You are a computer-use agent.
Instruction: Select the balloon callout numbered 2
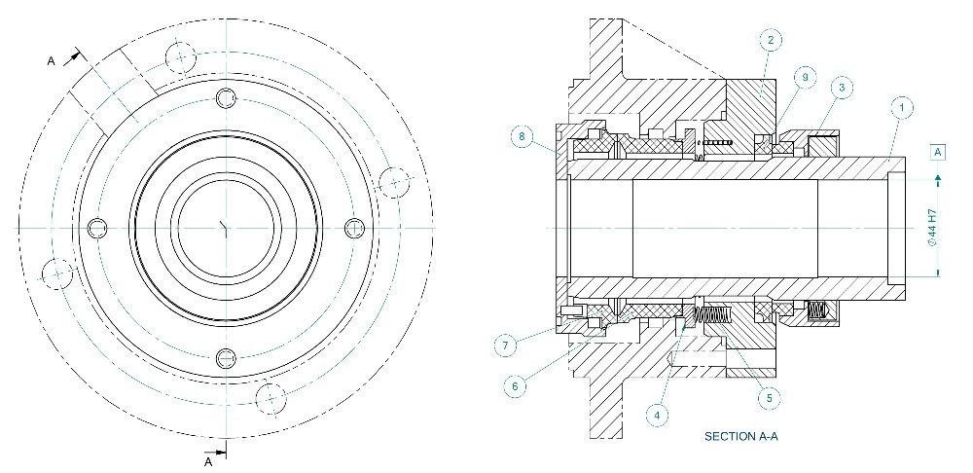[x=770, y=40]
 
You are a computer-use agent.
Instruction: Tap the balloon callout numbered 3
[x=843, y=88]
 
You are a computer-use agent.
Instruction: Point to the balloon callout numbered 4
[x=660, y=415]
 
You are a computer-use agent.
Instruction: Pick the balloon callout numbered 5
[x=771, y=397]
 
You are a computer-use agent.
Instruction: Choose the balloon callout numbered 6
[x=517, y=385]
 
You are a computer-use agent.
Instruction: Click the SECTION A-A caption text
[x=740, y=437]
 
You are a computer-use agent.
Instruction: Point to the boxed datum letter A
[x=938, y=153]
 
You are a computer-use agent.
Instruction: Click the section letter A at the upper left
[x=52, y=60]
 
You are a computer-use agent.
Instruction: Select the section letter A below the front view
[x=208, y=463]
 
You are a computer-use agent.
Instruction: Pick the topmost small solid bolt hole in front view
[x=226, y=97]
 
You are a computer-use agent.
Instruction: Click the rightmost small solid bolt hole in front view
[x=354, y=227]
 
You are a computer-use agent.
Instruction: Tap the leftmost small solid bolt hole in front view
[x=96, y=228]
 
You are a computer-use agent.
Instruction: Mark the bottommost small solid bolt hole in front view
[x=226, y=356]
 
